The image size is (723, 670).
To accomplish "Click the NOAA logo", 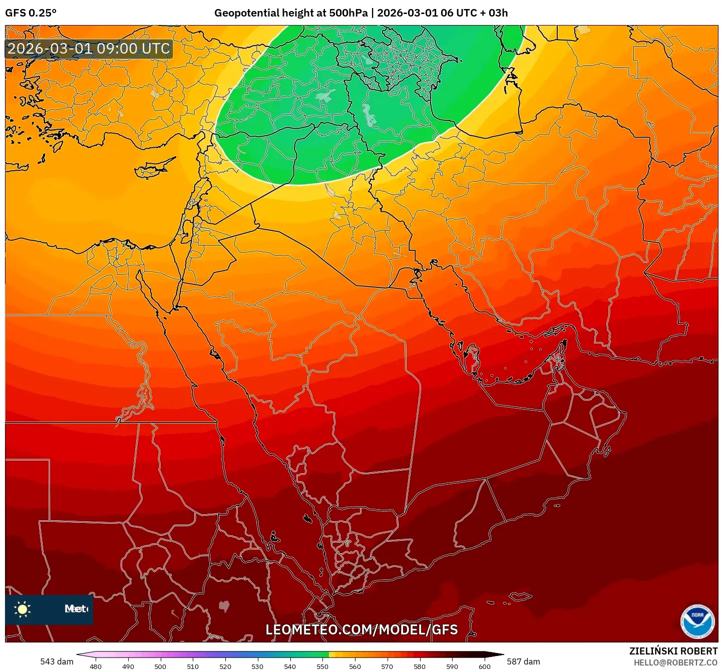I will [697, 621].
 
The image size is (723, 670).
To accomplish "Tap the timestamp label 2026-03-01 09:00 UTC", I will [89, 49].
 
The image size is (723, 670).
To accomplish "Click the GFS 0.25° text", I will [31, 13].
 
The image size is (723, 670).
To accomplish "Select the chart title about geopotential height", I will [360, 13].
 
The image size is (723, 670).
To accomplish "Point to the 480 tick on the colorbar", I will [95, 666].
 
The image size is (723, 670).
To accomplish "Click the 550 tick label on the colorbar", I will [322, 666].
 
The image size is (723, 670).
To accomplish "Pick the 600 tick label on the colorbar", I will [484, 666].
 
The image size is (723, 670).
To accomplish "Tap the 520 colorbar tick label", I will [225, 666].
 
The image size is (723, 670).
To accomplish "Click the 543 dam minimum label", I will [57, 661].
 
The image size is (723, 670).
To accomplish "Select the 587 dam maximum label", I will [523, 661].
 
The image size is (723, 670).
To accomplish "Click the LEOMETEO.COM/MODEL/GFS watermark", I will [362, 629].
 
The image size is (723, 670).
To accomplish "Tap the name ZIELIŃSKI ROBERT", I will [673, 651].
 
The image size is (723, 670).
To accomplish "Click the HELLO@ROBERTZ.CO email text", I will [675, 662].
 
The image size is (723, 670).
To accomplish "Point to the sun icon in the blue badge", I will [23, 609].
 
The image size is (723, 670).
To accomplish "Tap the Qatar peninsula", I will [472, 357].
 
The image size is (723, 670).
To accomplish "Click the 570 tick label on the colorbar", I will [387, 666].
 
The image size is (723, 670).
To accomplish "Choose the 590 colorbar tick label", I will [452, 666].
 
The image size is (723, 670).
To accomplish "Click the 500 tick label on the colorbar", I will [160, 666].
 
